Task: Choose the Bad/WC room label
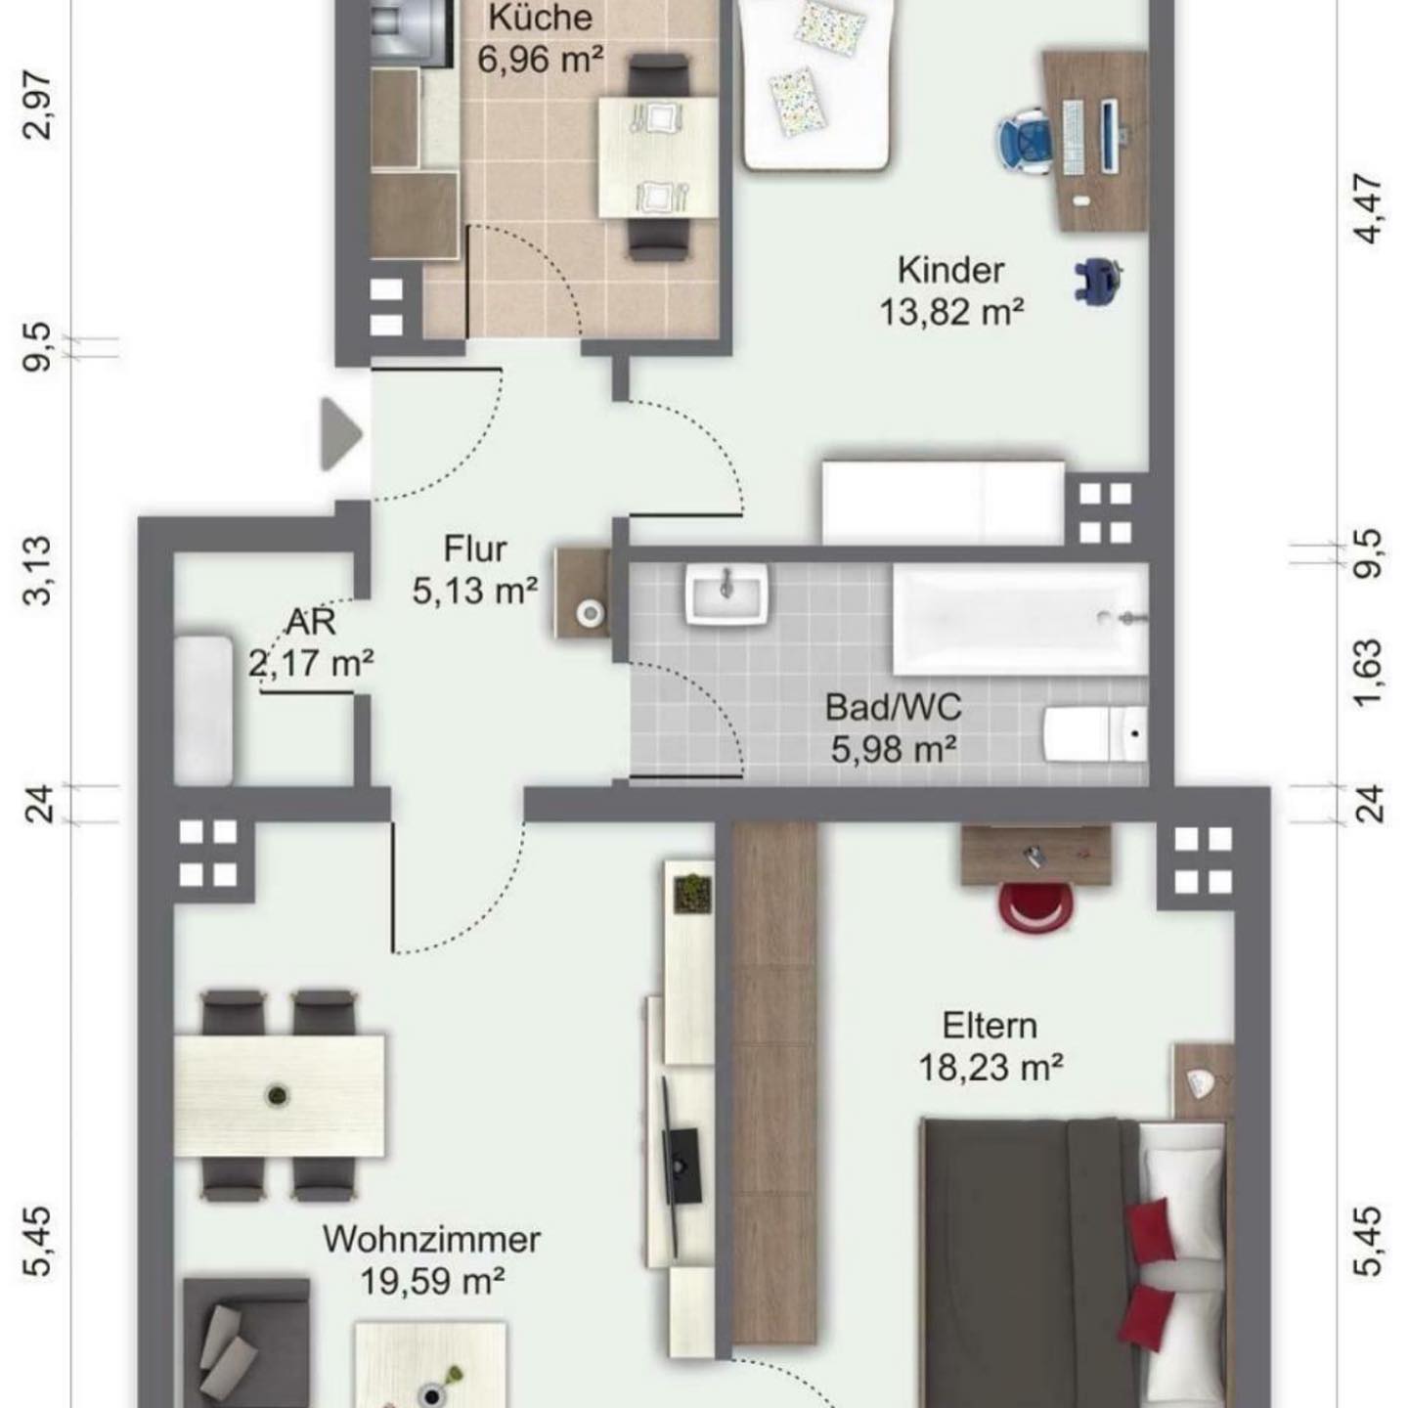pyautogui.click(x=894, y=707)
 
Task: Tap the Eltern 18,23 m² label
pyautogui.click(x=990, y=1047)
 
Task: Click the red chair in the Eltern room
pyautogui.click(x=1036, y=906)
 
